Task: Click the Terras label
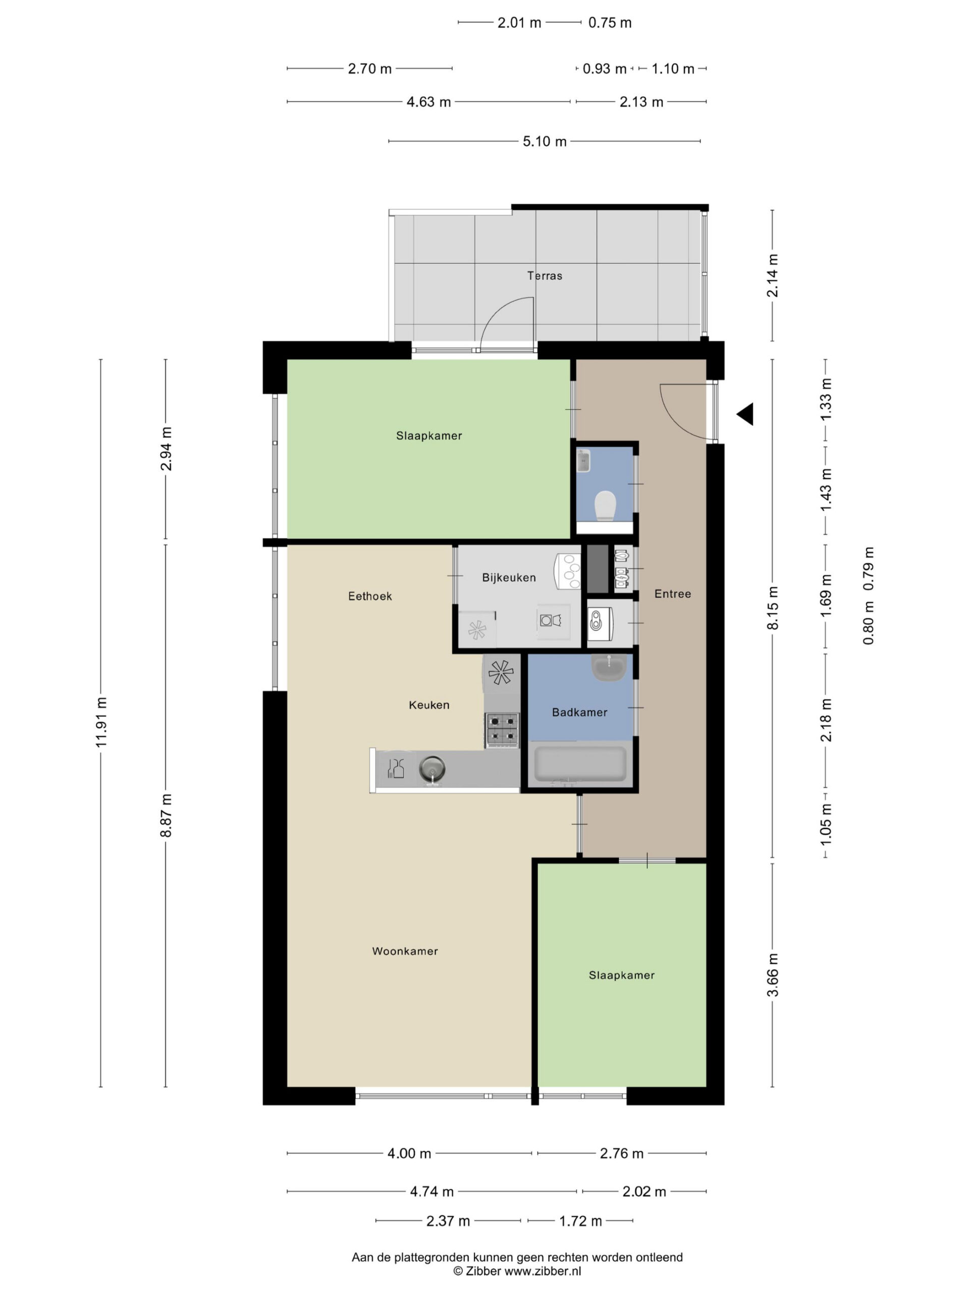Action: click(x=545, y=276)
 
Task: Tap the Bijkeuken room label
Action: click(x=509, y=578)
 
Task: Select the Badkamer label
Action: click(x=579, y=712)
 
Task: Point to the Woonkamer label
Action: click(x=405, y=951)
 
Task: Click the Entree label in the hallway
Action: click(x=672, y=594)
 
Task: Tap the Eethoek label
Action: click(x=370, y=597)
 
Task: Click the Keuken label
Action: click(x=428, y=705)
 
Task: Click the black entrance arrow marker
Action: click(x=745, y=414)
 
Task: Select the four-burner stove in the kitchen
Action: click(x=502, y=730)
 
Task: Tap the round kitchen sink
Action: click(x=432, y=769)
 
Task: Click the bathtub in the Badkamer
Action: click(x=580, y=764)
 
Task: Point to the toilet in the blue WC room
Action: click(x=605, y=505)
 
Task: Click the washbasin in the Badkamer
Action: click(x=609, y=667)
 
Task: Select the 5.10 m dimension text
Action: click(x=545, y=141)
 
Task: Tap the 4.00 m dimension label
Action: click(x=409, y=1154)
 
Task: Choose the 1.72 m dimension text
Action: click(x=580, y=1221)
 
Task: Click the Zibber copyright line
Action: click(x=517, y=1271)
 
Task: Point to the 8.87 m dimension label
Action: click(x=166, y=816)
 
